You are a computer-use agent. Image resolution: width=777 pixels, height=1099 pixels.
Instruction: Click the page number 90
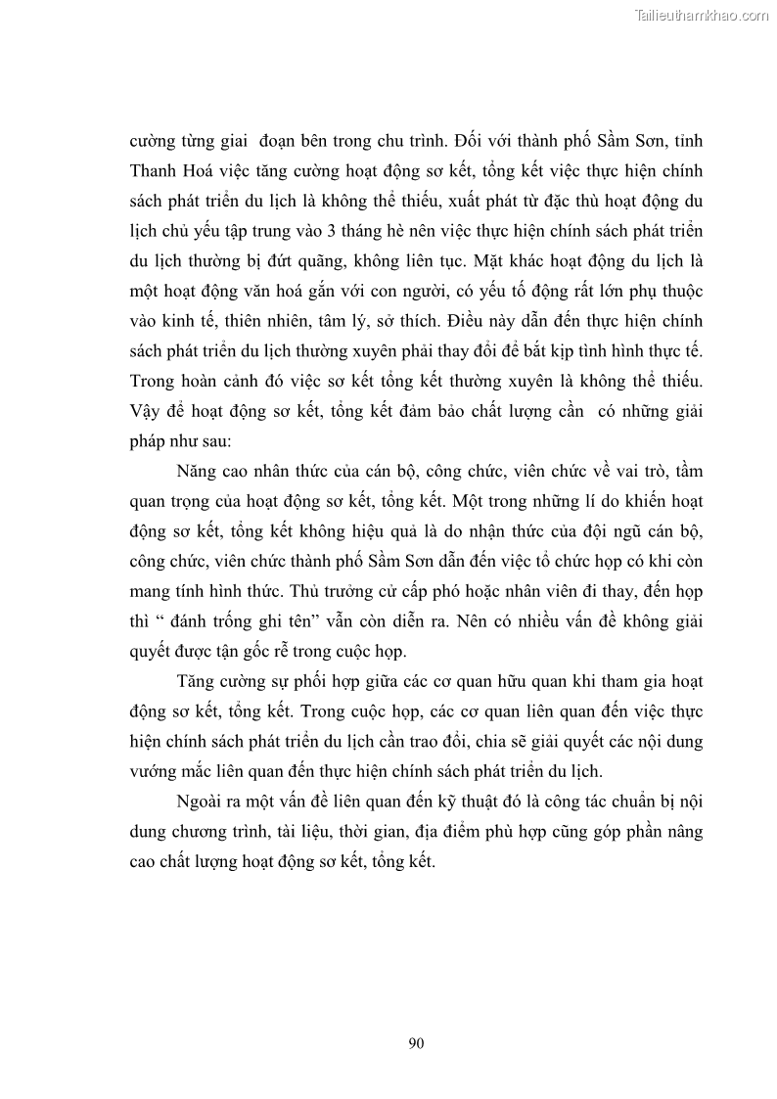pyautogui.click(x=416, y=1042)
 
